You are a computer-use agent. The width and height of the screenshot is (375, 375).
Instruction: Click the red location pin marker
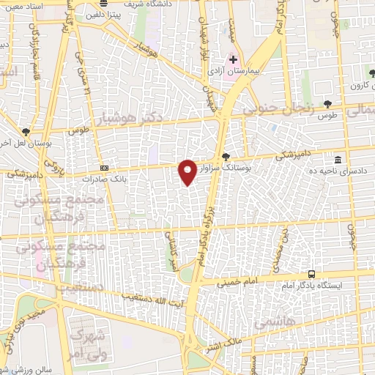(187, 173)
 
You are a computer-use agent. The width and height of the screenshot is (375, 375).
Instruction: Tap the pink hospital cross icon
(233, 60)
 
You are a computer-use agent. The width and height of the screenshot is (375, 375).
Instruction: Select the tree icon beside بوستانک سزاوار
(226, 156)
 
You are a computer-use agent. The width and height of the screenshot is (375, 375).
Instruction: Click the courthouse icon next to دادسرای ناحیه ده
(338, 160)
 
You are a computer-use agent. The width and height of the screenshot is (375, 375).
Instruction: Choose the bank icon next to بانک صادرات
(103, 168)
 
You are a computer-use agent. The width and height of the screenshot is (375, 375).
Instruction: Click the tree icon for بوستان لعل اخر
(26, 133)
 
